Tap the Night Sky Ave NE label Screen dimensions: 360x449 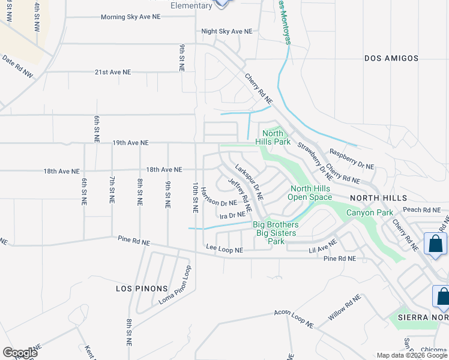pos(227,31)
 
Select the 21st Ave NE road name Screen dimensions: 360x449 pos(112,72)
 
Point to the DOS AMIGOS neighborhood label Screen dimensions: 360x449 pos(391,58)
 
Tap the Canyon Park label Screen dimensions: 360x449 pos(369,212)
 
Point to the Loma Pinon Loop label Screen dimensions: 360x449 pos(175,286)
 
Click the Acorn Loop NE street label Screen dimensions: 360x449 pos(294,318)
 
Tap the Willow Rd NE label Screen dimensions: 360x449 pos(344,307)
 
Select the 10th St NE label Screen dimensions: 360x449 pos(195,199)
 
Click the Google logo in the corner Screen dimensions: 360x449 pos(20,353)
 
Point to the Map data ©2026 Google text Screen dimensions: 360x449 pos(411,355)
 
